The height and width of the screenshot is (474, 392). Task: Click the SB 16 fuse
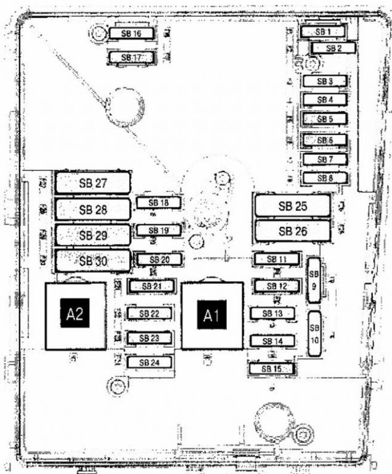(131, 33)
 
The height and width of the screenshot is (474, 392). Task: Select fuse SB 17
(131, 57)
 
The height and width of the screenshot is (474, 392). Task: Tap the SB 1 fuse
(322, 31)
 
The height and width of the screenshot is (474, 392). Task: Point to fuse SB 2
(333, 48)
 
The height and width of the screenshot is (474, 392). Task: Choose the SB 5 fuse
(325, 118)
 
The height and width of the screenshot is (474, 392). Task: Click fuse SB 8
(325, 178)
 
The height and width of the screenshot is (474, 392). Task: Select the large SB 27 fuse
(93, 183)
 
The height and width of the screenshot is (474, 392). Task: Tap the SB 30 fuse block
(93, 260)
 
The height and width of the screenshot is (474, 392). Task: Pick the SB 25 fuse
(293, 206)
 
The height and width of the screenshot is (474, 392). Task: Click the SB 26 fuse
(293, 231)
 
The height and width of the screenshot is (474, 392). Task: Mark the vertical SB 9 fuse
(314, 280)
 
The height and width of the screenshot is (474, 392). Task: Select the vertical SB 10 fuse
(314, 334)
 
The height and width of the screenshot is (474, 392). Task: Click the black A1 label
(211, 315)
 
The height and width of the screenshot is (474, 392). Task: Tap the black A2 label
(75, 313)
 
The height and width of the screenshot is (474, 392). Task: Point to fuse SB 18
(159, 202)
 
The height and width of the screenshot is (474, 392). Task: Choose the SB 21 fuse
(152, 286)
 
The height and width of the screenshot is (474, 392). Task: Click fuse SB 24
(150, 362)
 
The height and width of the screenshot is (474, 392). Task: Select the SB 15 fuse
(271, 368)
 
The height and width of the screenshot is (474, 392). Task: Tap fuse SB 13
(272, 313)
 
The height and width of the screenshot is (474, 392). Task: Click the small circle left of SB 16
(99, 33)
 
